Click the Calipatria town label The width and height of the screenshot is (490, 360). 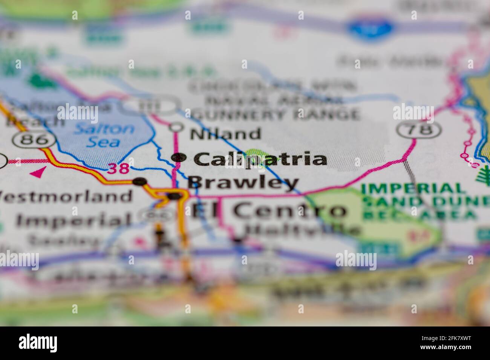260,159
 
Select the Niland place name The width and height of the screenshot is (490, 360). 225,134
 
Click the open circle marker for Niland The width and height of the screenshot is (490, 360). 176,127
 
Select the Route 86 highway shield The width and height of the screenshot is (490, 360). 34,140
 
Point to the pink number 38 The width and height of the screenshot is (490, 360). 119,168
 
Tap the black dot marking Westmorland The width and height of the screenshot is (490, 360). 140,182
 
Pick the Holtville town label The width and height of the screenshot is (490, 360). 302,229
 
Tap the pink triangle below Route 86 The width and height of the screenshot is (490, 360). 37,173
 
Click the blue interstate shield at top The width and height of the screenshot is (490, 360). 371,27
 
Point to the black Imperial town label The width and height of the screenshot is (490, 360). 74,221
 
